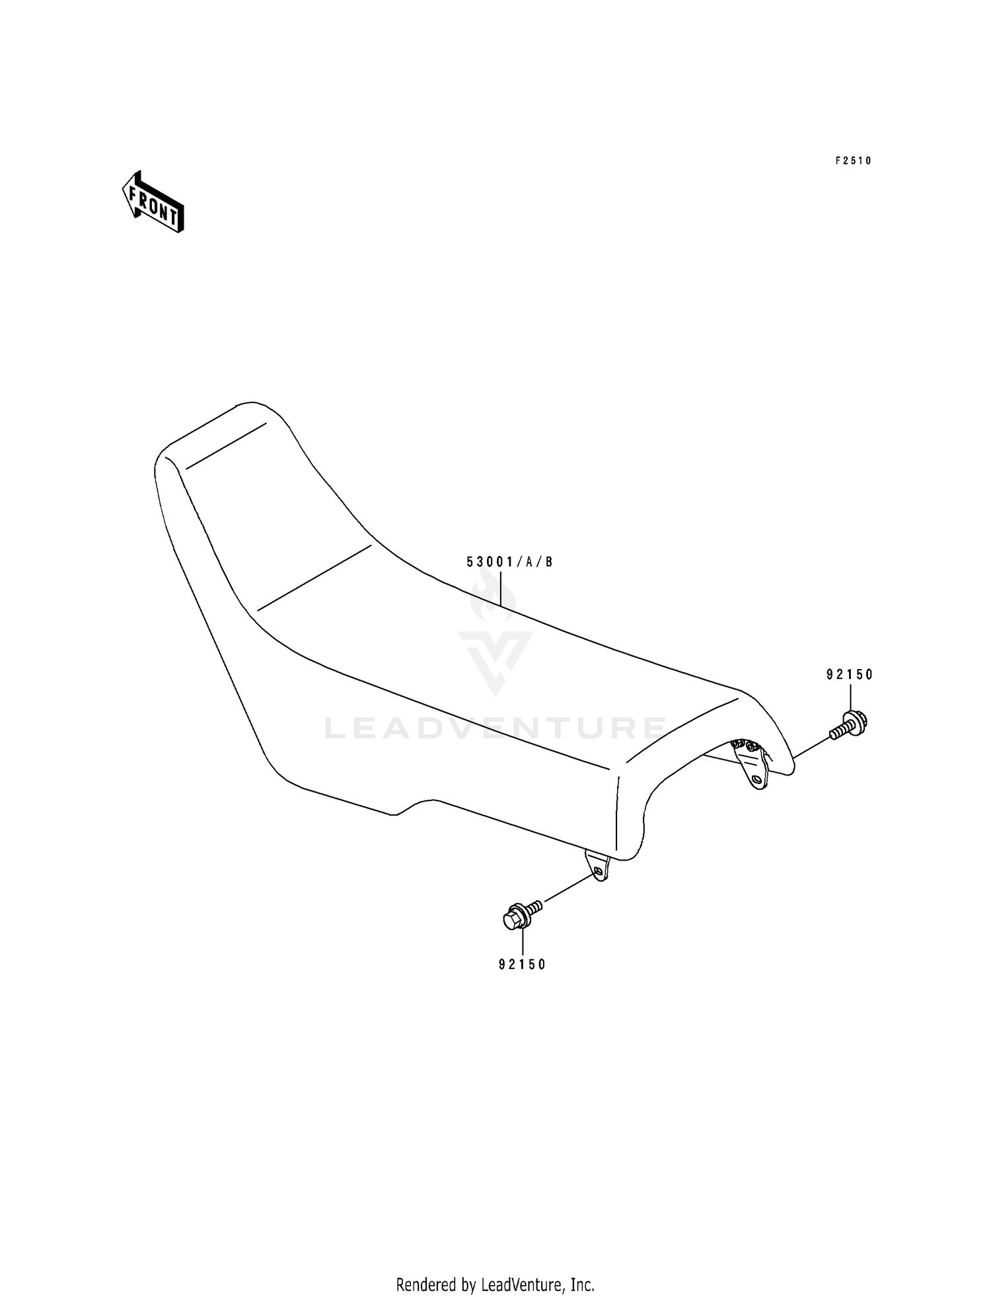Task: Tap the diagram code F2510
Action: pyautogui.click(x=853, y=161)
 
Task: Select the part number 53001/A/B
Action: pyautogui.click(x=509, y=563)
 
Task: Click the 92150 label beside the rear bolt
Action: pyautogui.click(x=850, y=675)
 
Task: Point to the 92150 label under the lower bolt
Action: pyautogui.click(x=522, y=964)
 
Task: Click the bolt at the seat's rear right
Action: pyautogui.click(x=850, y=725)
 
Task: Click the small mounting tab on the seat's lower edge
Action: pyautogui.click(x=597, y=865)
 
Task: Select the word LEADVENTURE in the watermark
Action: pyautogui.click(x=495, y=728)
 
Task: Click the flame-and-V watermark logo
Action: pyautogui.click(x=495, y=635)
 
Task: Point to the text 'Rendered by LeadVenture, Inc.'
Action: pyautogui.click(x=495, y=1285)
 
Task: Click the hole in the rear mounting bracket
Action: pyautogui.click(x=758, y=781)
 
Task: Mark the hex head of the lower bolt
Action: pyautogui.click(x=511, y=920)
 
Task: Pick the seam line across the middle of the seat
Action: pyautogui.click(x=314, y=577)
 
